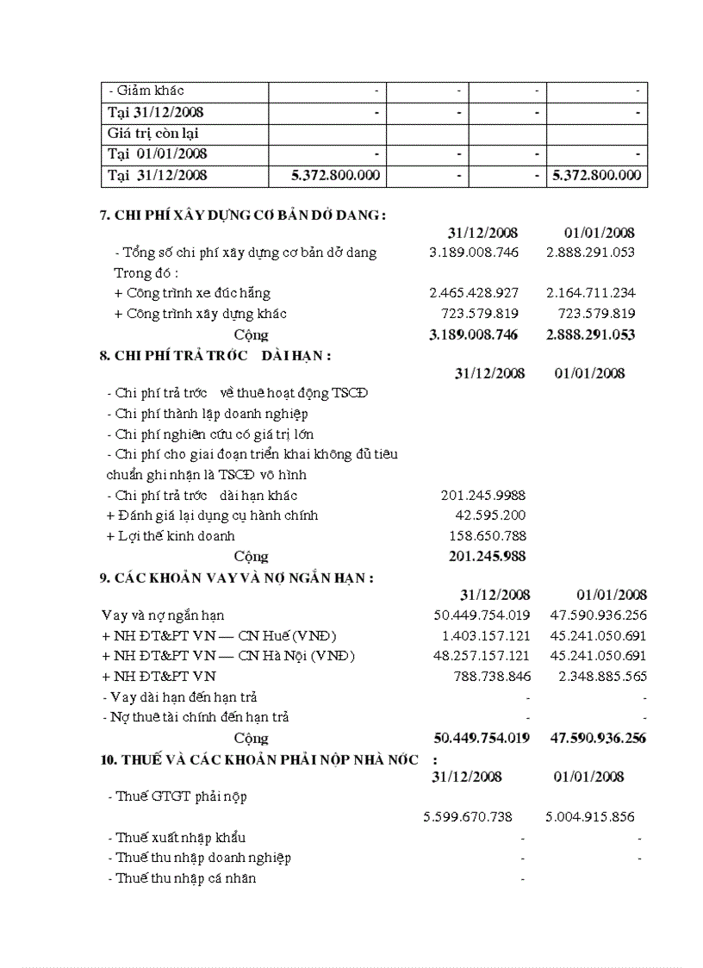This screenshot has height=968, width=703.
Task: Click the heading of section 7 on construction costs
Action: click(242, 215)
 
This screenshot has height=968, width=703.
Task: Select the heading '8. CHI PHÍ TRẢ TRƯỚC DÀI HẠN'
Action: click(215, 355)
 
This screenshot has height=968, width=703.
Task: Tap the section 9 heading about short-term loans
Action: click(236, 578)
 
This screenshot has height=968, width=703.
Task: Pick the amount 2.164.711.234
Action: click(590, 293)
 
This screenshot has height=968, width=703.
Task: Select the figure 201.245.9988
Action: click(482, 495)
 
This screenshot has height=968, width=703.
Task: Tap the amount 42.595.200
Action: click(489, 515)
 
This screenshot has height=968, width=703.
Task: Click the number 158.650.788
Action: click(484, 536)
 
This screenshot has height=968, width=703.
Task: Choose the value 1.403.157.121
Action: click(482, 636)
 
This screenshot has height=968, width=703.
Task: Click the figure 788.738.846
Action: click(492, 677)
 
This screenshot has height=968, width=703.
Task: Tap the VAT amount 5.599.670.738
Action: click(468, 816)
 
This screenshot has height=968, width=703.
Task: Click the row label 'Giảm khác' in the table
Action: click(146, 91)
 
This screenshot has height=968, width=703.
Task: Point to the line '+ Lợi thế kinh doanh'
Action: click(171, 536)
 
